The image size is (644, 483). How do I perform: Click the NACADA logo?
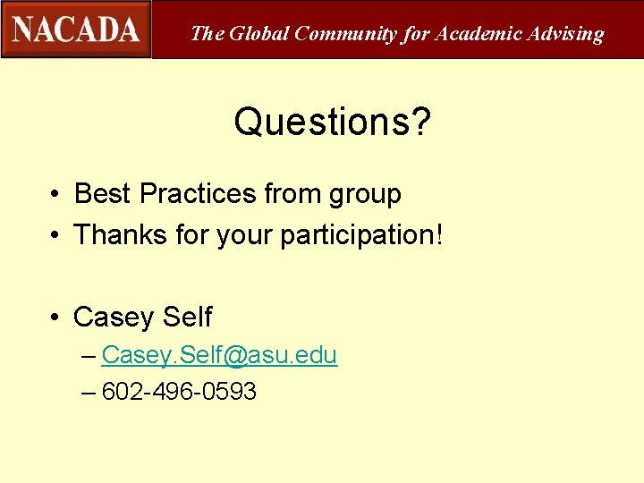click(76, 30)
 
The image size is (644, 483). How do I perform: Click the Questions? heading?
click(332, 123)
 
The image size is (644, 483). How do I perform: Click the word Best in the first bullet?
click(103, 193)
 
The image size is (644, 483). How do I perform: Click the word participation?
click(361, 236)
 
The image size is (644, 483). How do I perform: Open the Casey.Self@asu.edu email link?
click(219, 355)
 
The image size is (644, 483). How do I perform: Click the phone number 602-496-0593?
click(180, 391)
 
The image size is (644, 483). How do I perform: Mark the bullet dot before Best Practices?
click(55, 194)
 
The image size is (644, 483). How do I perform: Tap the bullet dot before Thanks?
click(55, 236)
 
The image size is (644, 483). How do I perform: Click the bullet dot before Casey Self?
click(55, 318)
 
